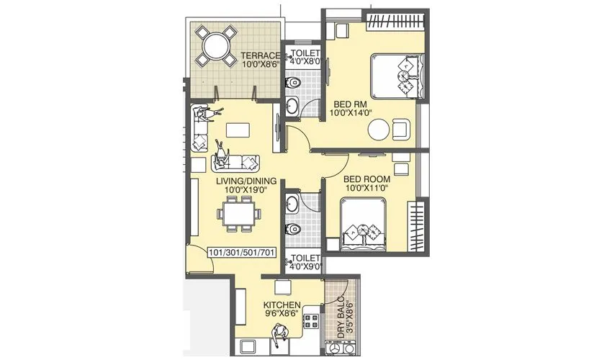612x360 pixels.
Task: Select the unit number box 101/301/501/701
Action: [x=241, y=253]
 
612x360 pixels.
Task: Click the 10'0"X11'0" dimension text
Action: [x=366, y=188]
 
